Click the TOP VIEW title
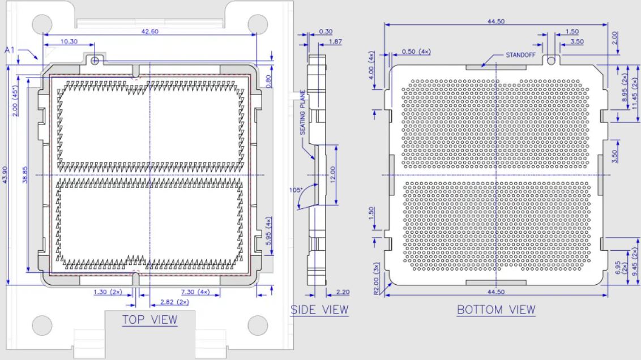150,320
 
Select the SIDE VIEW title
320,310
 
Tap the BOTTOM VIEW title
496,310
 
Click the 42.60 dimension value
149,31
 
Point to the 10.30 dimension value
69,41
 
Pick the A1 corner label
10,50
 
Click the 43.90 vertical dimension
5,174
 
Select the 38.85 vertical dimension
25,174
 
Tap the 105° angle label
296,190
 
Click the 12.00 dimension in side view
333,174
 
